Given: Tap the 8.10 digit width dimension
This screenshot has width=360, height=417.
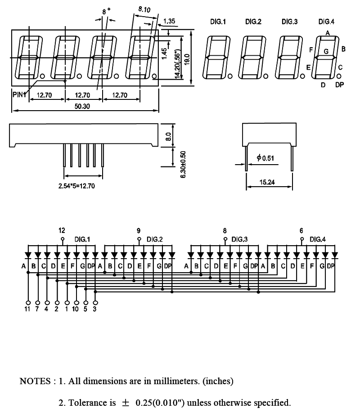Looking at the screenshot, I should point(144,9).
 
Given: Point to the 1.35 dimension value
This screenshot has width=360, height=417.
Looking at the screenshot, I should point(170,21).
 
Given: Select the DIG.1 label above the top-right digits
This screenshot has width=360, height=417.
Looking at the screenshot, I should point(218,22).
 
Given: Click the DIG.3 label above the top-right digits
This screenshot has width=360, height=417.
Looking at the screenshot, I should point(290,22).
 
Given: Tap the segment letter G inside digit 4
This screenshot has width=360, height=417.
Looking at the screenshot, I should point(326,51).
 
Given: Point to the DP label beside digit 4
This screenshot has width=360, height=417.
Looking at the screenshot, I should point(339,85).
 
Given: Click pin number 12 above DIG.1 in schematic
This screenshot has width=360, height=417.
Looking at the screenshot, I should point(62,230).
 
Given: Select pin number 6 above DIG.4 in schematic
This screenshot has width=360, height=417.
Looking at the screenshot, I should point(301,230).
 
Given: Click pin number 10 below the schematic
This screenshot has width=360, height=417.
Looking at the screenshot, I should point(75,309).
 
